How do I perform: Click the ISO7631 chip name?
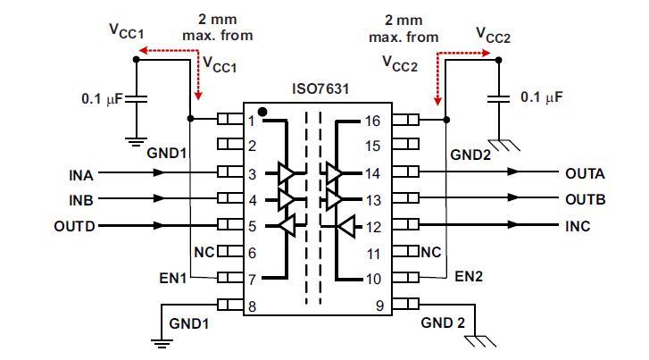pyautogui.click(x=320, y=89)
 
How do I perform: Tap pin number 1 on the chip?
pyautogui.click(x=252, y=120)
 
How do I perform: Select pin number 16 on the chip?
pyautogui.click(x=373, y=120)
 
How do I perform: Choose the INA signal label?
pyautogui.click(x=81, y=173)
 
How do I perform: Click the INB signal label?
pyautogui.click(x=81, y=199)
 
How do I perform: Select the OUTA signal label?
pyautogui.click(x=585, y=173)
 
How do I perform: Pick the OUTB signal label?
pyautogui.click(x=585, y=199)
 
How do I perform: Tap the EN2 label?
pyautogui.click(x=469, y=277)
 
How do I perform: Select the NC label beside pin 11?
pyautogui.click(x=431, y=253)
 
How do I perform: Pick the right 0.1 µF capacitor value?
pyautogui.click(x=542, y=96)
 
